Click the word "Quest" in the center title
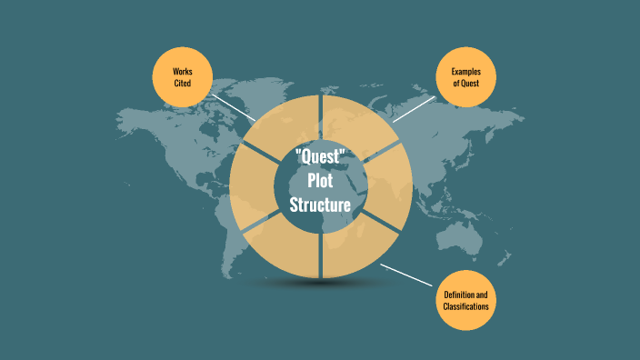point(320,155)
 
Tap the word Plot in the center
point(320,181)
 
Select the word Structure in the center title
point(320,205)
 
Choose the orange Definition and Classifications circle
point(465,301)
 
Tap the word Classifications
point(465,308)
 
